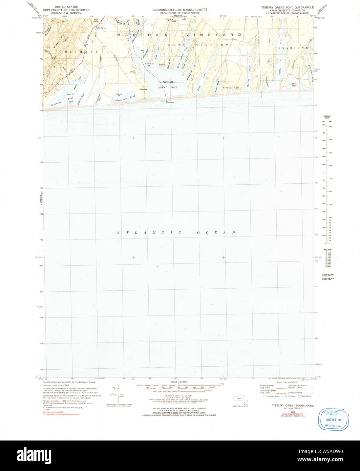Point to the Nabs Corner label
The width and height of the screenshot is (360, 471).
pos(101,28)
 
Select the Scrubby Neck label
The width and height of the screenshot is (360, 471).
pos(232,88)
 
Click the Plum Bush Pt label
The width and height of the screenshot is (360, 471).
pos(149,64)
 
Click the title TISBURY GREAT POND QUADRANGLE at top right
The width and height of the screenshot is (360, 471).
pos(287,7)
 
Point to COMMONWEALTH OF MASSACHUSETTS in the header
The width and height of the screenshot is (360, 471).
pos(180,10)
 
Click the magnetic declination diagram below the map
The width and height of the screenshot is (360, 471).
pos(116,394)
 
